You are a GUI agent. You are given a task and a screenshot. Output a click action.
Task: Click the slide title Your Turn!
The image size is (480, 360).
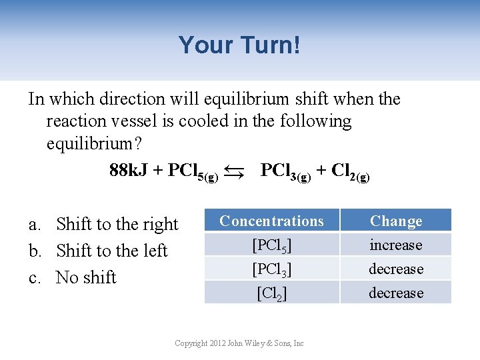click(x=239, y=45)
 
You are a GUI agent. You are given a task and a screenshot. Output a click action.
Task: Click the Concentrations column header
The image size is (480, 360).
click(x=271, y=221)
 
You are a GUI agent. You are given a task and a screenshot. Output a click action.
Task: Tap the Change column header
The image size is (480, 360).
click(x=396, y=221)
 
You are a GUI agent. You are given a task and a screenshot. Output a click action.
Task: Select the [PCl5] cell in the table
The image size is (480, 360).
click(x=271, y=245)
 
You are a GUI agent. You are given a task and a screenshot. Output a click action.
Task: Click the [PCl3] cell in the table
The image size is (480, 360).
click(x=271, y=269)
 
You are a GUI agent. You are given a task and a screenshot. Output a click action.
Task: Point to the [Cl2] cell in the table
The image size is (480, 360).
click(x=271, y=293)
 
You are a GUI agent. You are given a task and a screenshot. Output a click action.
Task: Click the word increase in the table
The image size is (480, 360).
click(x=396, y=245)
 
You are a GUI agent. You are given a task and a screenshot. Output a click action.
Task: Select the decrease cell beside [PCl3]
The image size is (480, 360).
click(x=396, y=269)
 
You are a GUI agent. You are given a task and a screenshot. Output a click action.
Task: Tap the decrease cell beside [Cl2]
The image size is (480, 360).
click(x=396, y=293)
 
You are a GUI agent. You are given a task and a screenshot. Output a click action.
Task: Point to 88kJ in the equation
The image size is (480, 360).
click(x=129, y=171)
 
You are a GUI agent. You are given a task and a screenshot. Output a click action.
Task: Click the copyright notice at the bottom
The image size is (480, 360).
click(x=239, y=343)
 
